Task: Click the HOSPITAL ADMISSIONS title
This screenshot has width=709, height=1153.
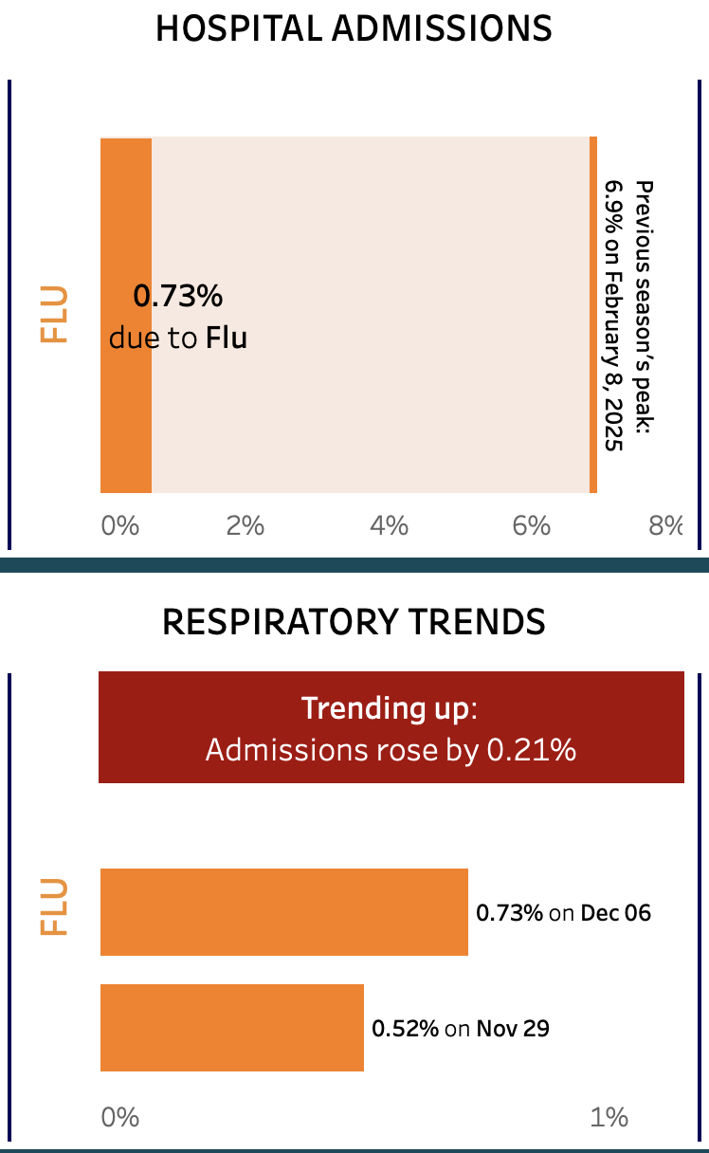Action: (x=354, y=28)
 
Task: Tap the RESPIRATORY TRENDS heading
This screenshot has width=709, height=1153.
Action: (x=354, y=622)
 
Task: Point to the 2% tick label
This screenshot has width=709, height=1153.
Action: (x=245, y=524)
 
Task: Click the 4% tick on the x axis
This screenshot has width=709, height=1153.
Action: (x=389, y=524)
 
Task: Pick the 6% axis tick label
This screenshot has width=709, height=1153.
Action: (x=532, y=524)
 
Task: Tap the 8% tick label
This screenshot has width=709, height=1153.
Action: (x=665, y=524)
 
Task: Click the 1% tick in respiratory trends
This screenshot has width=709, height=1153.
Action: (x=609, y=1117)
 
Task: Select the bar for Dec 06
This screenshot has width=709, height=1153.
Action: (x=284, y=912)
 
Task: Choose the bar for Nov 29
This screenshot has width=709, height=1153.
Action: (x=232, y=1028)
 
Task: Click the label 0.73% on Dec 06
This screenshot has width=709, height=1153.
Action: (x=563, y=913)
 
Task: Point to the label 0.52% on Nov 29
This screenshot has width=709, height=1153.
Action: (x=460, y=1029)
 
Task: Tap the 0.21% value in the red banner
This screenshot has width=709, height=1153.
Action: (x=531, y=750)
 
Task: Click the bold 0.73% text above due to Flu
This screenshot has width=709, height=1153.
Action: (x=177, y=297)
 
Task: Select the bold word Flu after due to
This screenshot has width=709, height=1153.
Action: (x=227, y=338)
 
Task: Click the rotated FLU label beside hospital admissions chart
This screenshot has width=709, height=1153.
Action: (x=54, y=314)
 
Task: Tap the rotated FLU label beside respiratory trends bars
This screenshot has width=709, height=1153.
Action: (x=54, y=907)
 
